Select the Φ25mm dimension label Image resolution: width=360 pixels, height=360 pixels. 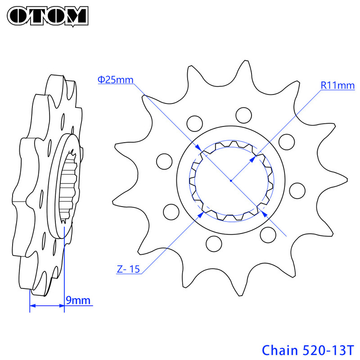pos(115,80)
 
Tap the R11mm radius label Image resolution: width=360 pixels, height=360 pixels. pos(337,85)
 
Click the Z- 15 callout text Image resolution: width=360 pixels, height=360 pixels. pos(128,270)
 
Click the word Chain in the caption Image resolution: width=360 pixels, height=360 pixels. pos(279,349)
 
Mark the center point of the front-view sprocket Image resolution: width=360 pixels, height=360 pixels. pos(230,180)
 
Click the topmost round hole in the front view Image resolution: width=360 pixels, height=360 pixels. pos(244,114)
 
